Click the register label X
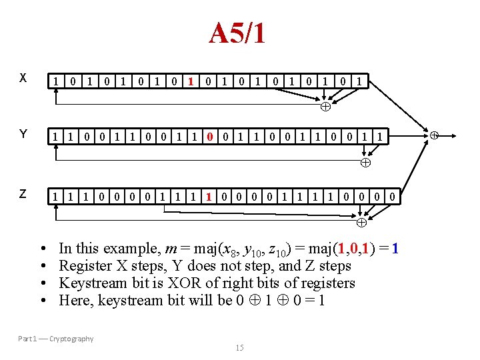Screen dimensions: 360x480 click(23, 77)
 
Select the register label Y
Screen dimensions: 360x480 click(23, 135)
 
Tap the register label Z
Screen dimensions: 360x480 click(23, 193)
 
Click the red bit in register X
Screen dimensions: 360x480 click(191, 82)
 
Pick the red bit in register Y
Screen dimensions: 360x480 click(210, 138)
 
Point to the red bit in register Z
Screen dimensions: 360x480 click(209, 197)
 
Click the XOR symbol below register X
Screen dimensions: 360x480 click(326, 107)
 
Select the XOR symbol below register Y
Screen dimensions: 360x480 click(365, 163)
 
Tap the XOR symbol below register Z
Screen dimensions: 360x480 click(361, 221)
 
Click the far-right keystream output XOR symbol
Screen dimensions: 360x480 click(433, 135)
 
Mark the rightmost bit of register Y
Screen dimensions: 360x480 click(381, 138)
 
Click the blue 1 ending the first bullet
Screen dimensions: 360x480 click(395, 248)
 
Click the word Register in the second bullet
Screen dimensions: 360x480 click(83, 265)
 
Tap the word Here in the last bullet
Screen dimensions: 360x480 click(74, 300)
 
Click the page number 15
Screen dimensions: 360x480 click(239, 347)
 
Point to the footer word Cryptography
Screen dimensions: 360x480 click(71, 339)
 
